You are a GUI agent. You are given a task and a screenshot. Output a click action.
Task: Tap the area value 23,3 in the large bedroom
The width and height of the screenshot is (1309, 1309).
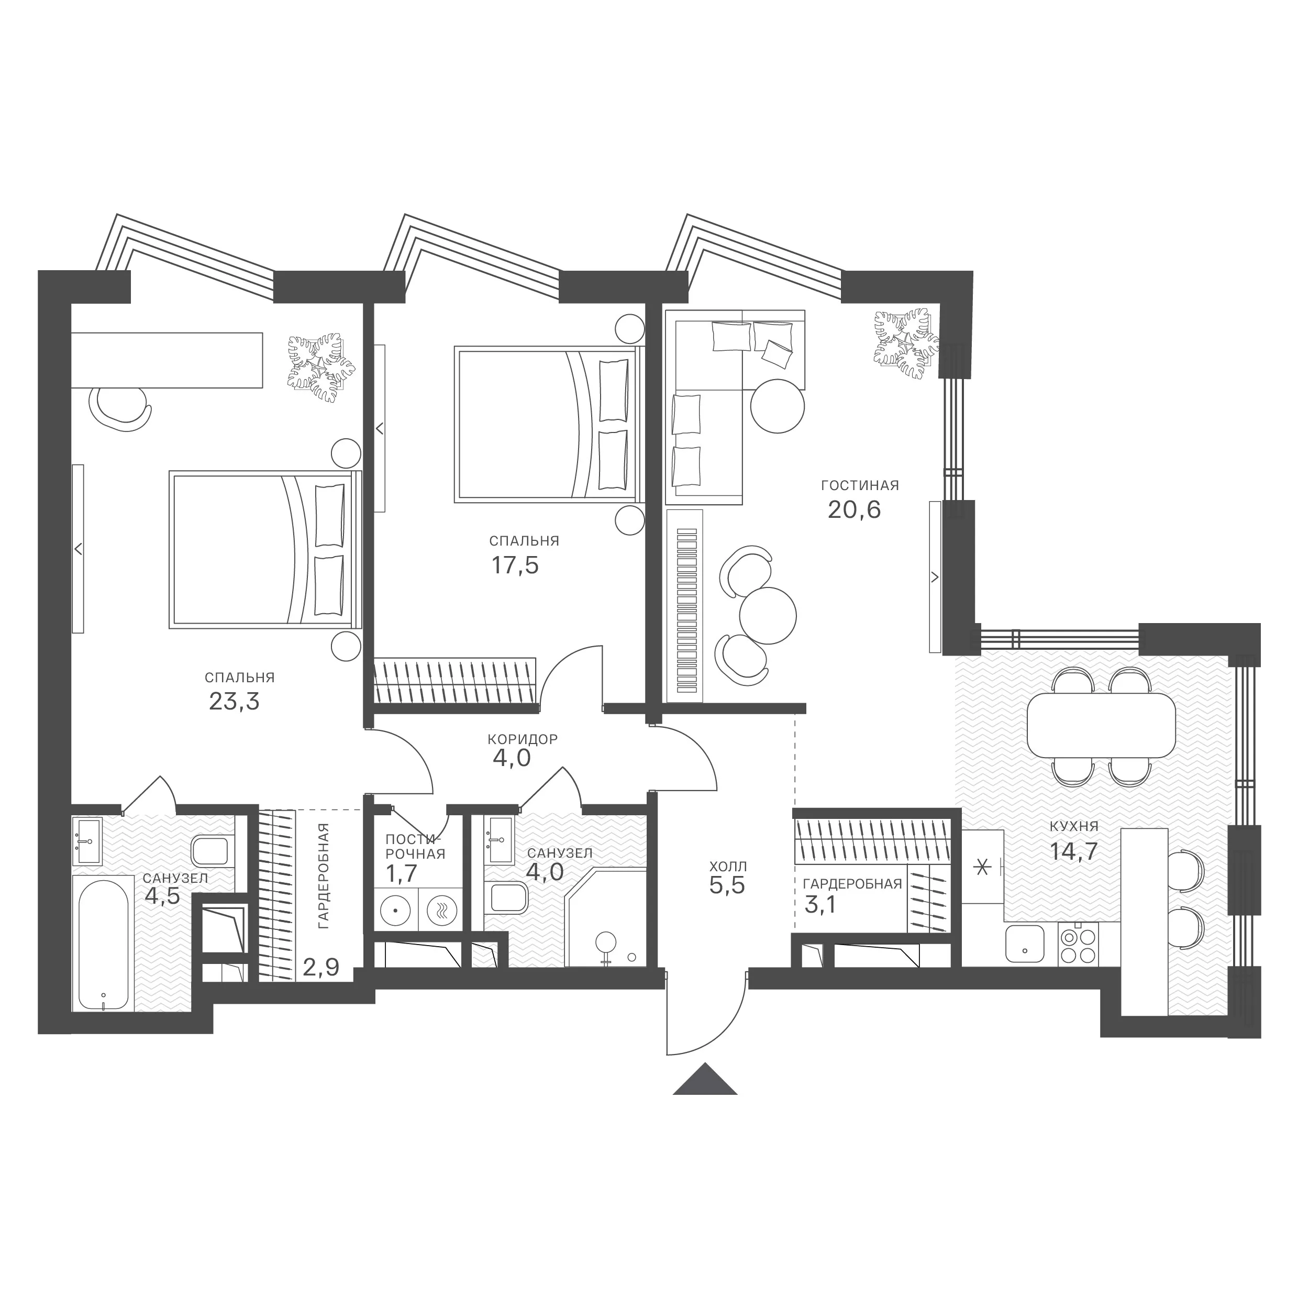pos(235,701)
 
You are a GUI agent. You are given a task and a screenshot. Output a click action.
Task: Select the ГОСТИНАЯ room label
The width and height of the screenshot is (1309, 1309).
pos(860,486)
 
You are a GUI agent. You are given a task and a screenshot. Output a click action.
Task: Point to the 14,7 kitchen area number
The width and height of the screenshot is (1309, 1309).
pos(1074,851)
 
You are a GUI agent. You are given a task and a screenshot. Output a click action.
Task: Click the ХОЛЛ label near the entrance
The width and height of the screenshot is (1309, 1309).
pos(728,867)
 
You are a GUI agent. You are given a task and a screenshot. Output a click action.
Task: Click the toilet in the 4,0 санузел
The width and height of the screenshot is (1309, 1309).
pos(509,898)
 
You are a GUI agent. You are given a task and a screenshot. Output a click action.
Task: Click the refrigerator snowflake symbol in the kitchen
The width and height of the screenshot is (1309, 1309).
pos(981,867)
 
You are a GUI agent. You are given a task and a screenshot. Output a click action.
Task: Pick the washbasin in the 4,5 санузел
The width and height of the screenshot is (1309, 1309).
pos(87,841)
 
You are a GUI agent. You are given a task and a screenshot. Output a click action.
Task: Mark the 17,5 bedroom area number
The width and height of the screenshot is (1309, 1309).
pos(515,565)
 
